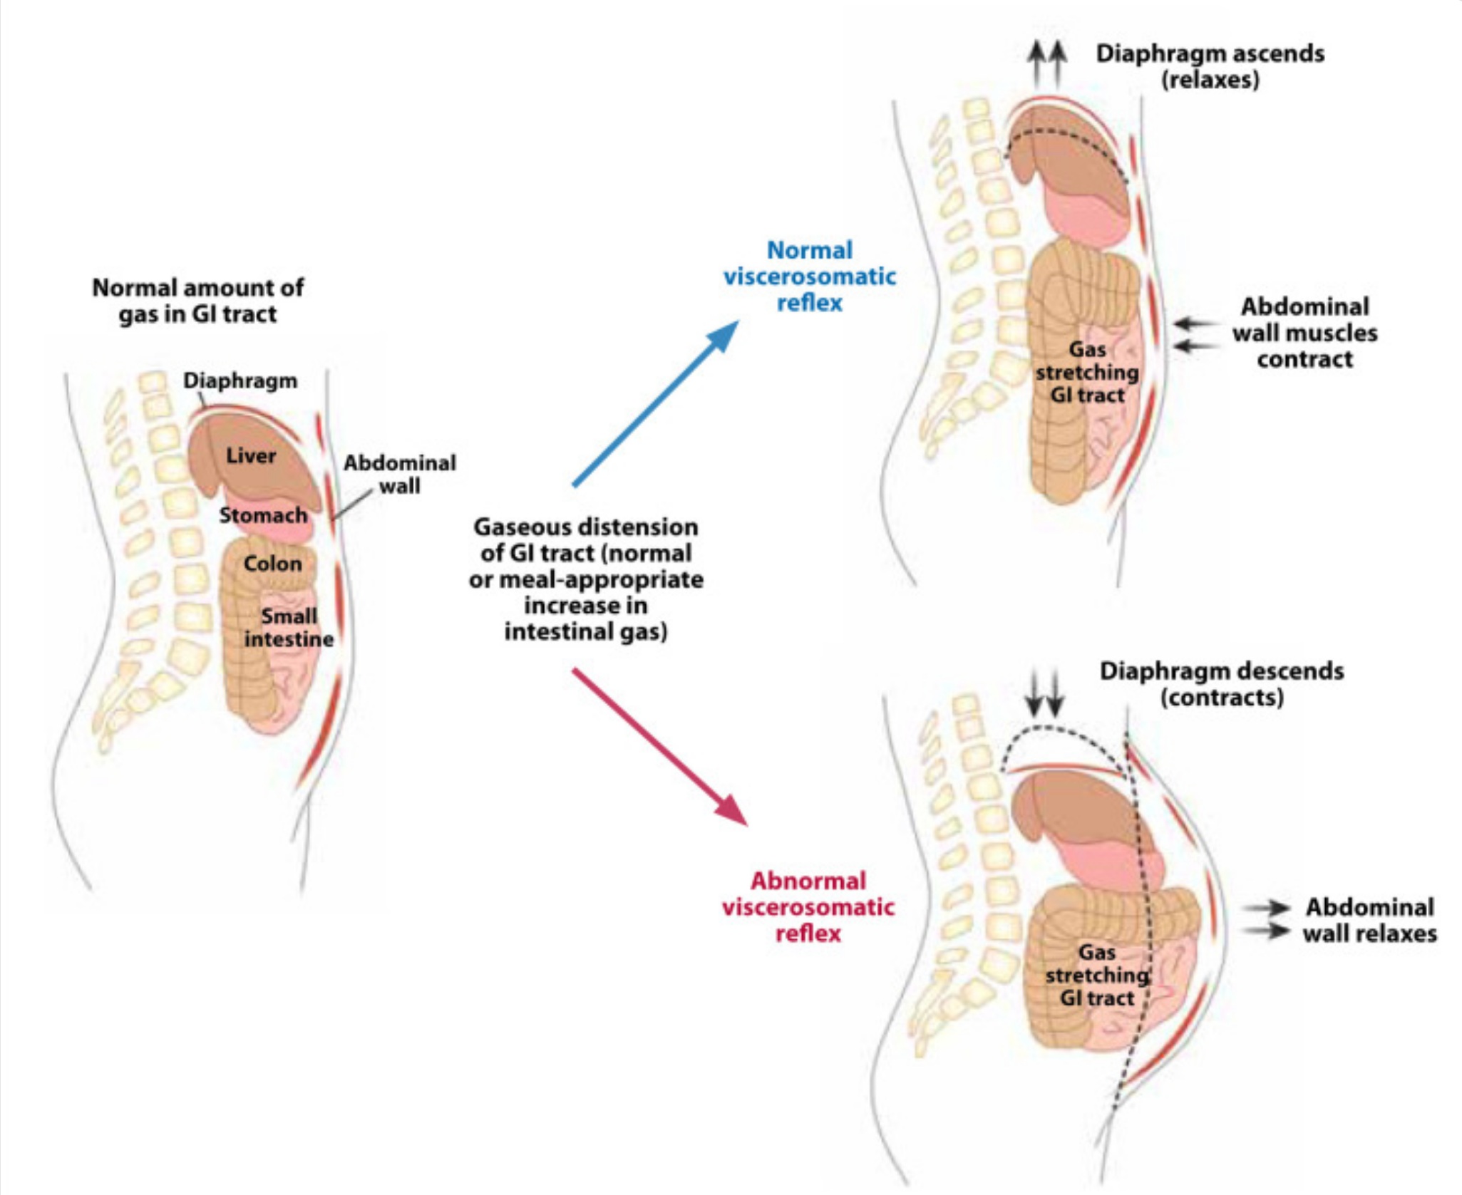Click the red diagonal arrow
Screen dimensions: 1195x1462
[x=659, y=745]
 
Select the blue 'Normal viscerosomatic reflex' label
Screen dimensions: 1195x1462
[x=810, y=276]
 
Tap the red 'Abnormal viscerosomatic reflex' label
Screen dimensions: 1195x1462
[x=808, y=906]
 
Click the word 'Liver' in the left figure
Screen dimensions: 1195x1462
[x=251, y=456]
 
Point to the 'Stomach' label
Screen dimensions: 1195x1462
[x=263, y=515]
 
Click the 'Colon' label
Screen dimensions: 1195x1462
[x=272, y=564]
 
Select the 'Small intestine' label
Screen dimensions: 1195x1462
[x=289, y=627]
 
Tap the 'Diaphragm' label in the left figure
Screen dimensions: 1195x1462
[x=240, y=381]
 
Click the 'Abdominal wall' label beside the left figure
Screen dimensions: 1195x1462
[x=400, y=475]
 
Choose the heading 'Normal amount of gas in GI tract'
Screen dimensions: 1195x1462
[x=197, y=301]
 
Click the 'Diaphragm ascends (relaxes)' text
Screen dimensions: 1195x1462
[x=1210, y=66]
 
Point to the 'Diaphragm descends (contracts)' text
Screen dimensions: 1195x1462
[x=1222, y=683]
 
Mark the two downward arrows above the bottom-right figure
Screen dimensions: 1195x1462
[x=1044, y=691]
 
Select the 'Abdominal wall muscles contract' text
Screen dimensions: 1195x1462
[x=1305, y=333]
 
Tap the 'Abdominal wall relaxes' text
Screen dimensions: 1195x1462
[x=1369, y=920]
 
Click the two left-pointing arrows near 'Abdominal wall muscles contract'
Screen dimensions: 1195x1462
[x=1196, y=335]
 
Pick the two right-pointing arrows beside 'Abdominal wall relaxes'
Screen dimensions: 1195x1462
[x=1267, y=920]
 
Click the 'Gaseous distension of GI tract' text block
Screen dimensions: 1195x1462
[x=586, y=579]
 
